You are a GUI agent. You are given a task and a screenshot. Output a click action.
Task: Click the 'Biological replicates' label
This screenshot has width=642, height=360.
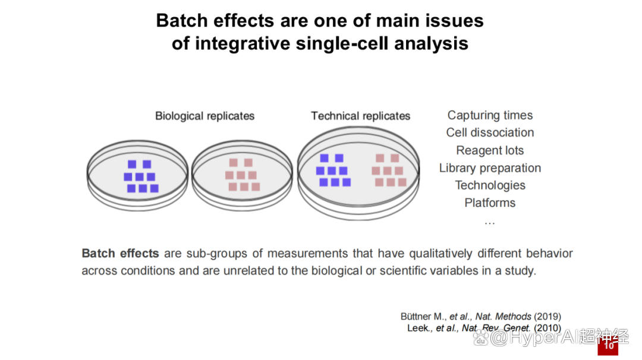click(204, 116)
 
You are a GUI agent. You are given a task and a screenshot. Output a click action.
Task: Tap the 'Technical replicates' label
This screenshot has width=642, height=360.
click(360, 116)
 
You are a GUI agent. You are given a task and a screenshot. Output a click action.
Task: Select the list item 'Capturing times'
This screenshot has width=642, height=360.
click(490, 115)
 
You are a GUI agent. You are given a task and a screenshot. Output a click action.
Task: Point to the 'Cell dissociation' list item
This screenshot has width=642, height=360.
click(490, 132)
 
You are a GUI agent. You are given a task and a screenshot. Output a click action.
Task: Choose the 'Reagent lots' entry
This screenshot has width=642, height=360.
click(490, 150)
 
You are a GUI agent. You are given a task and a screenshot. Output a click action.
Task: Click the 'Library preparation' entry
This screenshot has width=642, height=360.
click(490, 168)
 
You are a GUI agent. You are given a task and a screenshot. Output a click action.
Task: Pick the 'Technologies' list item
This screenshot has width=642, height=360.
click(490, 185)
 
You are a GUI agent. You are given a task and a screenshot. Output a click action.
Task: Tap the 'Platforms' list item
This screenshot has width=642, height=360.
click(490, 203)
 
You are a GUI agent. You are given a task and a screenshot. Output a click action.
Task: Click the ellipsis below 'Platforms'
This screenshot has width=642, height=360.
click(490, 223)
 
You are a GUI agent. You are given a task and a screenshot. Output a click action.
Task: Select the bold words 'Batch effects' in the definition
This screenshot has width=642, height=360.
click(120, 254)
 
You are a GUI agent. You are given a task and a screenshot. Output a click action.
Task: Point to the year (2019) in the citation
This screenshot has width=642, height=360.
click(547, 317)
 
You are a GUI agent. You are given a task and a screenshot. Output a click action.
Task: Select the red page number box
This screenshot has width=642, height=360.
click(608, 346)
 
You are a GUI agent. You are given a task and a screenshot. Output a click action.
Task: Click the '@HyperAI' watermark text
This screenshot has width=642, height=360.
click(534, 337)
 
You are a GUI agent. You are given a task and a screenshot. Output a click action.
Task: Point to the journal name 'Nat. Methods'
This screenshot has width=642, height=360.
click(503, 317)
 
